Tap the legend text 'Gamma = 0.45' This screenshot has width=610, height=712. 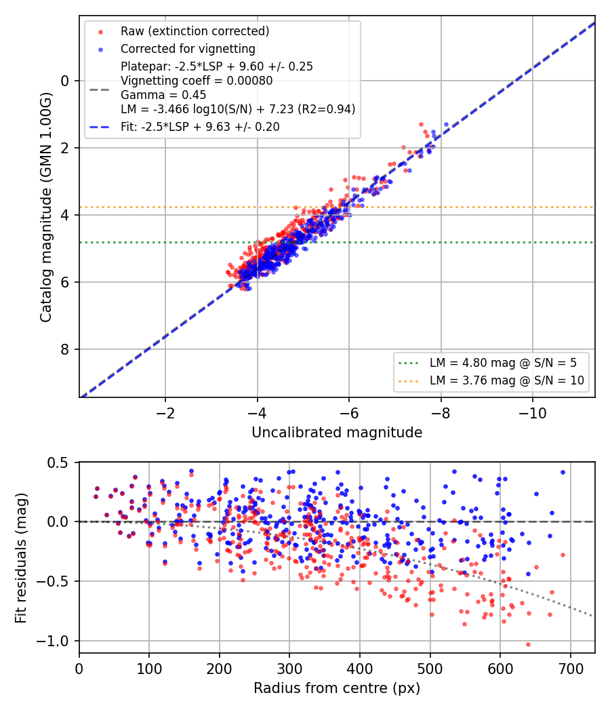click(x=163, y=95)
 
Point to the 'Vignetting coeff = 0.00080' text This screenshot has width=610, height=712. click(x=197, y=81)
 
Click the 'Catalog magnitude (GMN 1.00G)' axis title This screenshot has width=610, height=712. click(x=46, y=207)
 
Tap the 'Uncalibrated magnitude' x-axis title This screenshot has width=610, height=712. click(x=337, y=433)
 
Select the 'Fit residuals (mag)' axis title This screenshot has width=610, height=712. click(x=21, y=557)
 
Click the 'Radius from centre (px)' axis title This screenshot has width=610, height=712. click(x=337, y=688)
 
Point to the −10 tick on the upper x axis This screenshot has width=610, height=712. click(x=532, y=414)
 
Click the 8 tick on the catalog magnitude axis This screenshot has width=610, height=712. click(x=65, y=349)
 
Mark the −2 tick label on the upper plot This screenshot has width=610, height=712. click(x=165, y=414)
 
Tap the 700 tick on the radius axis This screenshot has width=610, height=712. click(x=570, y=669)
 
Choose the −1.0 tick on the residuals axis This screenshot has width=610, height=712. click(x=53, y=641)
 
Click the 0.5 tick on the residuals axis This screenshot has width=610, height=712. click(x=58, y=462)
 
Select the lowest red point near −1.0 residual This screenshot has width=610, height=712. click(x=528, y=644)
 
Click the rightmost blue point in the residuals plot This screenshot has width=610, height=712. click(x=563, y=472)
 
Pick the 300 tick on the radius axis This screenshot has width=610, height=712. click(x=289, y=669)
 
